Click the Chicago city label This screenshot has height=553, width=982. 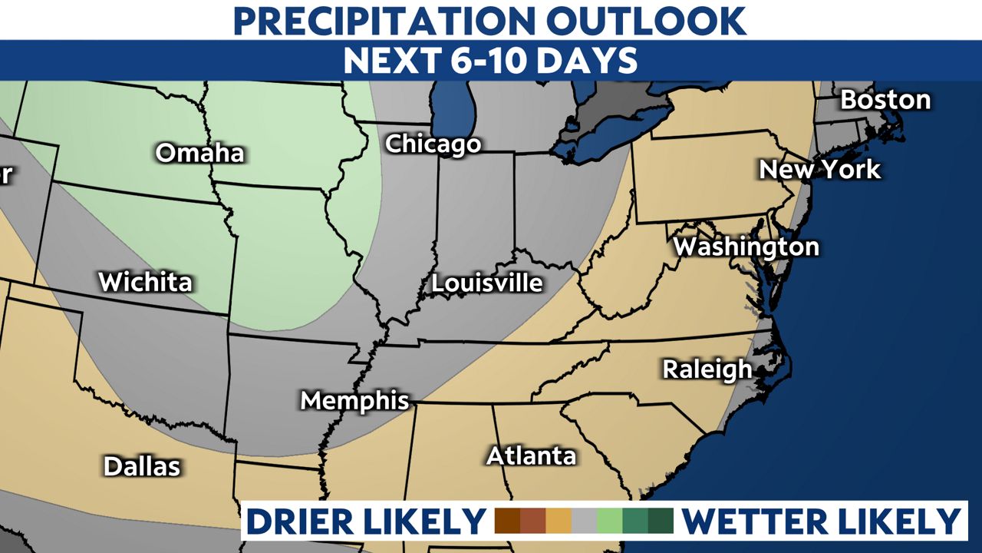[x=433, y=144]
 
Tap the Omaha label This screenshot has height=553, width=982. [x=199, y=153]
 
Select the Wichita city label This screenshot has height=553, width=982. [x=145, y=282]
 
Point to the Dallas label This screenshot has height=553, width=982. [x=142, y=465]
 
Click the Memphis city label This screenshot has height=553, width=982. [x=354, y=400]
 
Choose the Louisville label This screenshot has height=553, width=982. [x=486, y=283]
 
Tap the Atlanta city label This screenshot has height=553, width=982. [x=531, y=455]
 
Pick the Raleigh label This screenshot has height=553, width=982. [x=707, y=369]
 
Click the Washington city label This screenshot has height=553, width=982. [x=746, y=247]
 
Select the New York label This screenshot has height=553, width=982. [x=819, y=169]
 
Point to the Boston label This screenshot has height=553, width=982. [x=885, y=100]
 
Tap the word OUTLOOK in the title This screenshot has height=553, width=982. [x=647, y=21]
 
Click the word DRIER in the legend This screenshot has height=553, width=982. [x=307, y=521]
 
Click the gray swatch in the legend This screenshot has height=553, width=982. [x=584, y=521]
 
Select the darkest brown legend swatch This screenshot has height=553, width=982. [x=508, y=521]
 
